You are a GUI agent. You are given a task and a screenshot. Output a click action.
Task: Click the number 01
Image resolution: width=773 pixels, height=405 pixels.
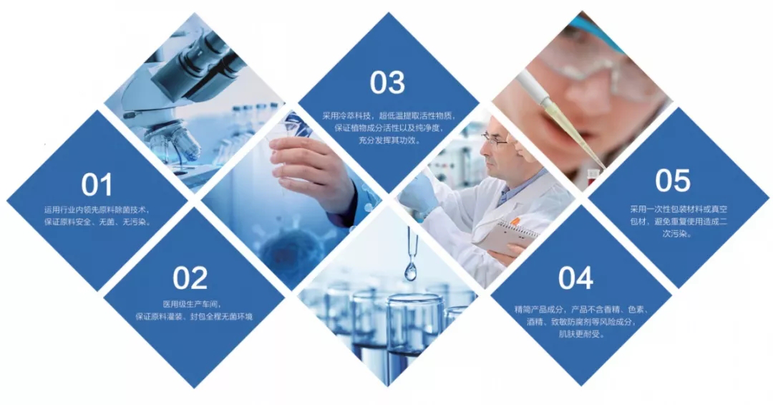[x=97, y=184]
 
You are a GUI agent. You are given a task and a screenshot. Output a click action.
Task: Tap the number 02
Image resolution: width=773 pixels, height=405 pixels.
[x=190, y=278]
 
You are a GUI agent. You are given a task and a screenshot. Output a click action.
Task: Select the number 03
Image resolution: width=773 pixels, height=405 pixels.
[x=387, y=82]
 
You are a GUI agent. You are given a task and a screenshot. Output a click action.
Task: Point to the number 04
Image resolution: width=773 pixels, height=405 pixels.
[x=575, y=277]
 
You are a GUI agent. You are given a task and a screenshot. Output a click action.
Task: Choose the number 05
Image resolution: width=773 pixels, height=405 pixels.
[x=672, y=180]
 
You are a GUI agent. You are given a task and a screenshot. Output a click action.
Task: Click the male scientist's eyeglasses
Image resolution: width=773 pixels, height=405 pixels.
[x=495, y=140]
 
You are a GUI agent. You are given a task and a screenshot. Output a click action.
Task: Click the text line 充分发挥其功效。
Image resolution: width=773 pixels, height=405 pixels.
[x=389, y=140]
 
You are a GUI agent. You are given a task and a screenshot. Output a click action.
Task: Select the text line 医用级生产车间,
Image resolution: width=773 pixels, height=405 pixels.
[x=192, y=304]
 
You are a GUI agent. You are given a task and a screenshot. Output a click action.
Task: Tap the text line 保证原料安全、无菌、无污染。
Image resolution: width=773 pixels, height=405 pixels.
[x=97, y=221]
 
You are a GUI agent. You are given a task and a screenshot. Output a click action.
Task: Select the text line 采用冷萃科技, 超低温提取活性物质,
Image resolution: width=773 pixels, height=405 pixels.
[x=389, y=116]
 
